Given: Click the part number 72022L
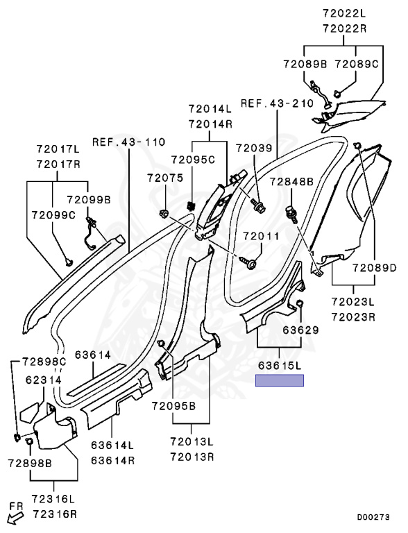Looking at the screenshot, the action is point(344,13).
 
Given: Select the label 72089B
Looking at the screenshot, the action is point(305,64).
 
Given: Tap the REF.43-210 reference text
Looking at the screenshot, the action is point(277,103).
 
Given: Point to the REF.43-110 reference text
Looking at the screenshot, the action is point(129,142).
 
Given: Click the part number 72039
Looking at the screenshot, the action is point(255,149).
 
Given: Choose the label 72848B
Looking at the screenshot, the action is point(291,182).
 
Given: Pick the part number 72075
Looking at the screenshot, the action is point(165,178).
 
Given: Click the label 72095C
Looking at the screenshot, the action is point(193,160).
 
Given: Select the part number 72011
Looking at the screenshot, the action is point(261,236).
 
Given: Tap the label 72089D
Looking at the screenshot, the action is point(374,268).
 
